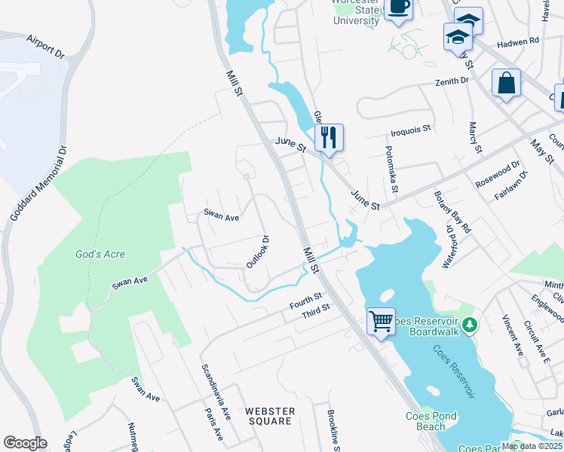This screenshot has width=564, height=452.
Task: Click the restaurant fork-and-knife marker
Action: point(329,138)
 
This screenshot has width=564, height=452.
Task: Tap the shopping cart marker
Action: point(382,322)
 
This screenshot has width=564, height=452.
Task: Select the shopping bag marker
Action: point(506,83)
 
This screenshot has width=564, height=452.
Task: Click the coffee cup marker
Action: point(398,8)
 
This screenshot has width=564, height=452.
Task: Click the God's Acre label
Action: point(100,255)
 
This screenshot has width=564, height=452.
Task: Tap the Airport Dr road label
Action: point(45,45)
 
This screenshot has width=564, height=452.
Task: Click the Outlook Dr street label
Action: point(258,252)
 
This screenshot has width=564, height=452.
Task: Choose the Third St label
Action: point(316,309)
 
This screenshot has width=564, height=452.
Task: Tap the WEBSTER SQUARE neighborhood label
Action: point(270,416)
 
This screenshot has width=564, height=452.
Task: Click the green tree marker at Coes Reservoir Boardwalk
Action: point(470,325)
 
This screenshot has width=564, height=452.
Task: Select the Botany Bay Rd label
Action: point(452,212)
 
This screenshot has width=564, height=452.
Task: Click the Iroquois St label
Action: point(410,129)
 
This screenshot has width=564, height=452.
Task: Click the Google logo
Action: point(25,443)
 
